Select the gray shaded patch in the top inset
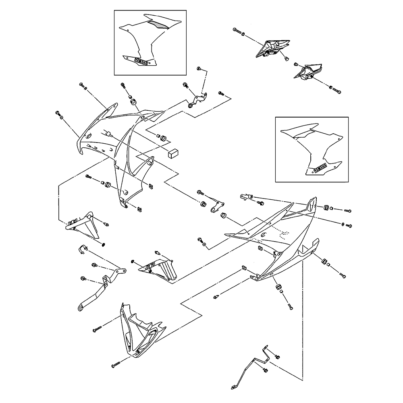158,25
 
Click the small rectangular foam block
173,153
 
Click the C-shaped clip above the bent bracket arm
82,250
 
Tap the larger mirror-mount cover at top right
272,48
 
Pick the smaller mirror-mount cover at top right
309,71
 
